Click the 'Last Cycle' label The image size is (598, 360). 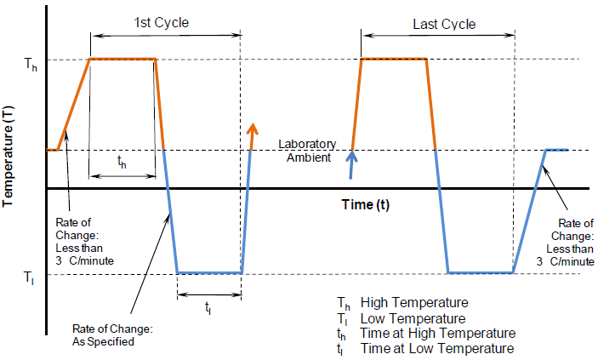(x=444, y=24)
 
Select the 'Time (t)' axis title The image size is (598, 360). (x=370, y=204)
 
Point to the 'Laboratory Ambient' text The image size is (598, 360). (x=309, y=150)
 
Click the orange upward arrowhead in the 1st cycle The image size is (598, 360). (x=252, y=129)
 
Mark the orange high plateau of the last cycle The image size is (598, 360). (x=394, y=59)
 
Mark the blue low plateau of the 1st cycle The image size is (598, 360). (x=209, y=273)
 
